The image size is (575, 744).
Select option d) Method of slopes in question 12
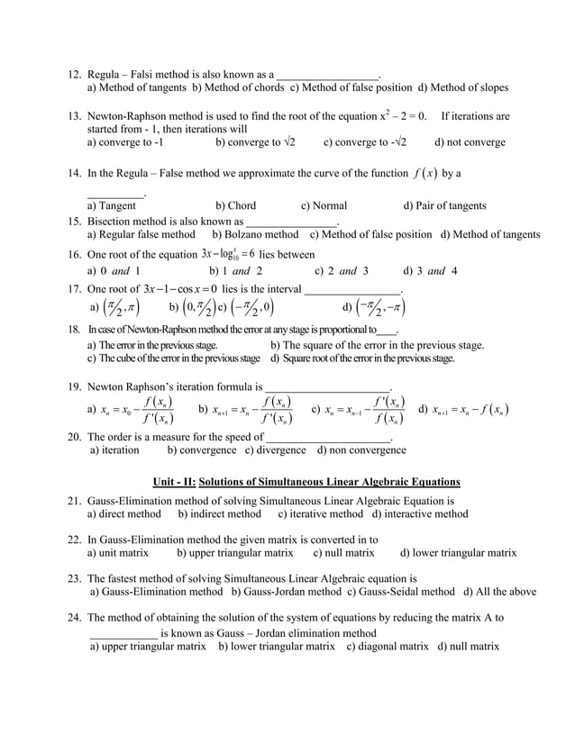tap(463, 88)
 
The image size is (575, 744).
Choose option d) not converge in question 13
tap(470, 142)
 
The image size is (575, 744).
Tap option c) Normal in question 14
tap(324, 205)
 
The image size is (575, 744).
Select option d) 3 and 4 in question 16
tap(430, 270)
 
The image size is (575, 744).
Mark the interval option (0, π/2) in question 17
tap(192, 308)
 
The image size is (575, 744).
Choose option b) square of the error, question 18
tap(378, 345)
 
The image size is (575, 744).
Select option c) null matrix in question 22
tap(343, 552)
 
